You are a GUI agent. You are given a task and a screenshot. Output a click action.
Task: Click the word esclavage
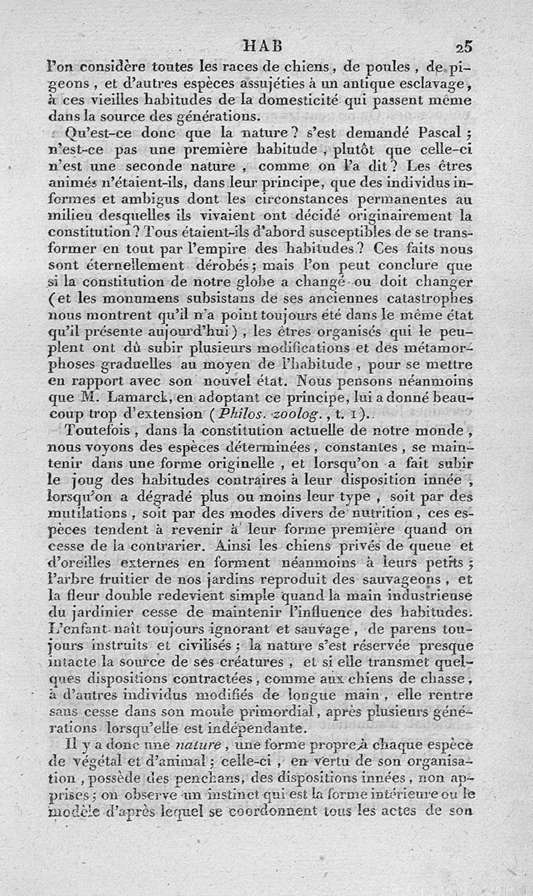click(434, 84)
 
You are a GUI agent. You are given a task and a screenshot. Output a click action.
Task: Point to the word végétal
click(96, 760)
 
